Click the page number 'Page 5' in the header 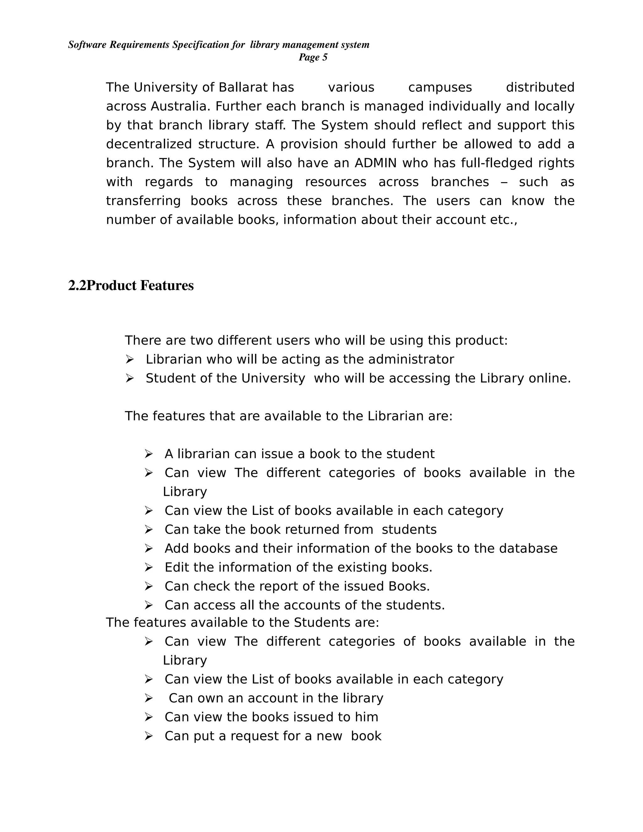tap(313, 57)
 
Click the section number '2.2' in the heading tap(77, 286)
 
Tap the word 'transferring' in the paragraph tap(143, 201)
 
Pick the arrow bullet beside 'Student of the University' tap(130, 378)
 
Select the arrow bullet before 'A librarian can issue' tap(149, 454)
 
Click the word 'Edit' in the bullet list tap(177, 568)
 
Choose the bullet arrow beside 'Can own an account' tap(149, 698)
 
